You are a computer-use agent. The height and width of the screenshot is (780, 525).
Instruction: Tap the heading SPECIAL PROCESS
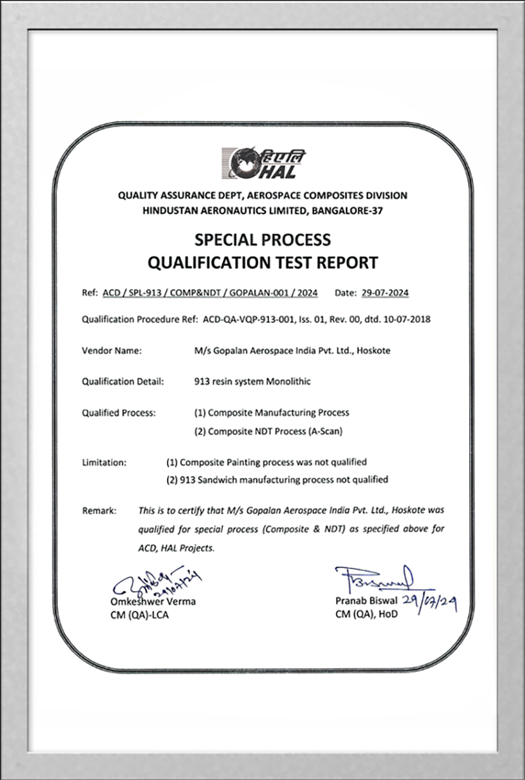pos(262,239)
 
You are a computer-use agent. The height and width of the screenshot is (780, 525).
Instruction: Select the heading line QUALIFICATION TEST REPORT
pos(262,261)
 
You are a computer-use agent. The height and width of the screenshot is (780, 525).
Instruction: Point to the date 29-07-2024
pos(384,293)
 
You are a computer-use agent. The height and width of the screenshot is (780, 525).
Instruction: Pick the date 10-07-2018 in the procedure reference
pos(407,320)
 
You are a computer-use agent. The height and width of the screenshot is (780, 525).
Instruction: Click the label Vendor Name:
pos(112,351)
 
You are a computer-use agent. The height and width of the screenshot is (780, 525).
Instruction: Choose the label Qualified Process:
pos(118,413)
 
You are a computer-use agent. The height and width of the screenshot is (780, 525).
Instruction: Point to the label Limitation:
pos(104,462)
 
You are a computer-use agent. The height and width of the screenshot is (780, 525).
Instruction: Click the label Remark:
pos(99,510)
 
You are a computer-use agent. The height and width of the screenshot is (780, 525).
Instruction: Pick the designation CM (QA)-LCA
pos(139,614)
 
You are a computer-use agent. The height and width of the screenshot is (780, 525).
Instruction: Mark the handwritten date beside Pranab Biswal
pos(429,605)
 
